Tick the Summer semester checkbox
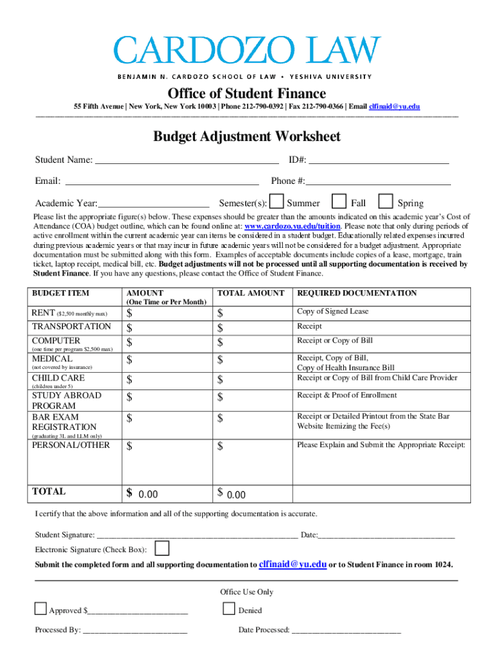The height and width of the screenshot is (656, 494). (277, 202)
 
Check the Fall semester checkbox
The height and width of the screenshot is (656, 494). (339, 202)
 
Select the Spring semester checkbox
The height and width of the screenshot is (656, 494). (386, 202)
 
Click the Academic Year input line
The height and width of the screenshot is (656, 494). (153, 203)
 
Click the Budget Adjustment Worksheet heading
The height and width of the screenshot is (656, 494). (246, 136)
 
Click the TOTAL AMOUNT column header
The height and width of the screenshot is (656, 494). (251, 293)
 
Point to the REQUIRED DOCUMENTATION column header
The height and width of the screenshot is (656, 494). (357, 293)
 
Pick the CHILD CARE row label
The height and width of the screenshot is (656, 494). (58, 378)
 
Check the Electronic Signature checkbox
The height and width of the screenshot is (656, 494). (163, 548)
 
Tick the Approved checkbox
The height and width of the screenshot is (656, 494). (40, 609)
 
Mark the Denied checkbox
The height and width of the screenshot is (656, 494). (229, 609)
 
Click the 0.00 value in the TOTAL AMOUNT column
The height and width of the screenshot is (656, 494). (236, 495)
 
